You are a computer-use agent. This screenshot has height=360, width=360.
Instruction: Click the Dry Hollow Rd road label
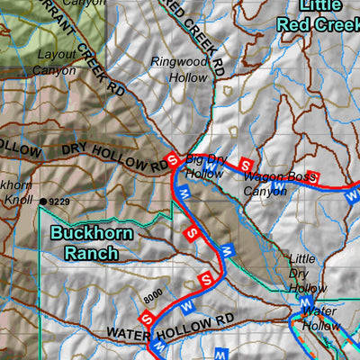[x=113, y=154]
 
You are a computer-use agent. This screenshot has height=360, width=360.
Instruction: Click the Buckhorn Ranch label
[x=92, y=243]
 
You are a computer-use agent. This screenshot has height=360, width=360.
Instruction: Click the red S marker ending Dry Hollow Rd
[x=171, y=159]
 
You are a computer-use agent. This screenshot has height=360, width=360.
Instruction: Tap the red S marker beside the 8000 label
[x=146, y=317]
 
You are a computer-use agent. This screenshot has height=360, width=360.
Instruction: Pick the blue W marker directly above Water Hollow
[x=307, y=301]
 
